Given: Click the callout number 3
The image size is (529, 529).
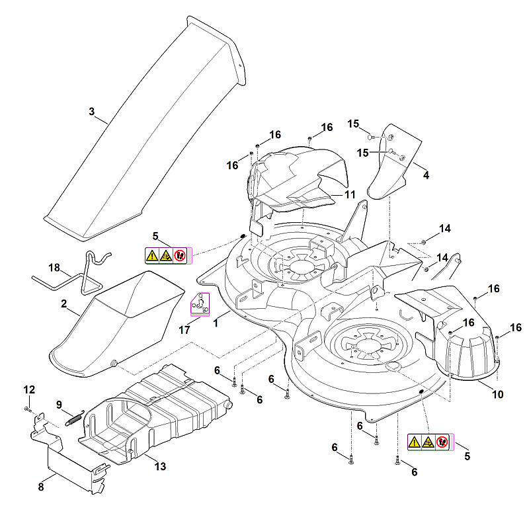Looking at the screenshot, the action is pos(92,111).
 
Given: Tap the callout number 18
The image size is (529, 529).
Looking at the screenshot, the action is pos(54,268).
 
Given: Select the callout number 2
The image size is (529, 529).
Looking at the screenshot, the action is pos(64,304).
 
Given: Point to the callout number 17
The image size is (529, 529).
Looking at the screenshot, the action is pos(184,329).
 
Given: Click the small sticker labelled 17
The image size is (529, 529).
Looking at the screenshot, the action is pos(200,304).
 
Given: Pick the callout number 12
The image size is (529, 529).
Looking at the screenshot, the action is pos(29,389).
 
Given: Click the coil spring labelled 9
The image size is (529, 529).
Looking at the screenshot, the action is pos(75,417).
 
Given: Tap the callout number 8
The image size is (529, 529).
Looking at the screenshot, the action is pos(41,487).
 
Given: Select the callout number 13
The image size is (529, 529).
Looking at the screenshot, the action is pos(160,466).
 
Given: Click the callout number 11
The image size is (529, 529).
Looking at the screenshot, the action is pos(350,194).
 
